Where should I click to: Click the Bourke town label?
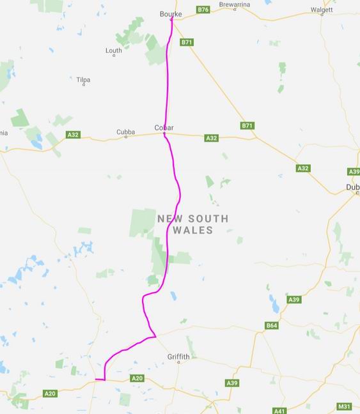(170, 13)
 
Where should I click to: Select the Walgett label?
(322, 10)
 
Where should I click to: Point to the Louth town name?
(114, 50)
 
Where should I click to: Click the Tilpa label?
(83, 80)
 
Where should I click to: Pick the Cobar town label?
(164, 128)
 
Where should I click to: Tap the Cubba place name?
(125, 132)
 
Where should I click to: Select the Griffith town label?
(178, 356)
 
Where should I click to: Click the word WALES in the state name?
(192, 230)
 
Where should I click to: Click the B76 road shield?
(203, 10)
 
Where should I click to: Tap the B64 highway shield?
(272, 326)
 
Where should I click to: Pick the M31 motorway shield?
(344, 406)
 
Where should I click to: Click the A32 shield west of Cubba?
(73, 135)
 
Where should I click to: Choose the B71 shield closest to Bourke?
(187, 42)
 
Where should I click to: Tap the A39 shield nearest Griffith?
(231, 383)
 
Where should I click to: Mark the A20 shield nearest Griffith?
(137, 378)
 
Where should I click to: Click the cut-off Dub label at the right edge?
(352, 187)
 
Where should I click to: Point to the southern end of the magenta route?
(96, 379)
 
